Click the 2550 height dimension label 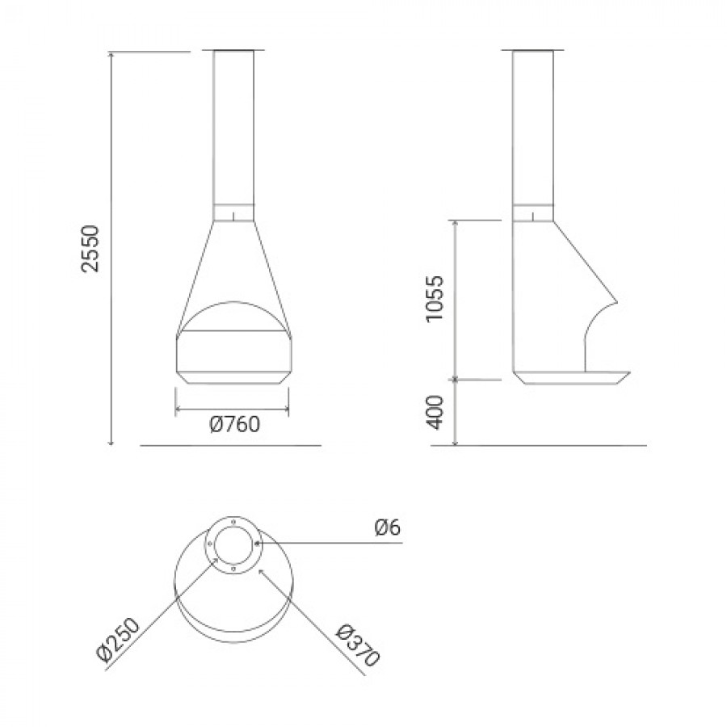click(90, 248)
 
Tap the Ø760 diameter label click(234, 424)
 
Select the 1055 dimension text click(435, 299)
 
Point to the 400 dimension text click(435, 412)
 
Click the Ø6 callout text click(387, 527)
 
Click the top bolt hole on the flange click(233, 522)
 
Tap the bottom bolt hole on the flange click(233, 568)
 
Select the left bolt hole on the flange click(211, 544)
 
